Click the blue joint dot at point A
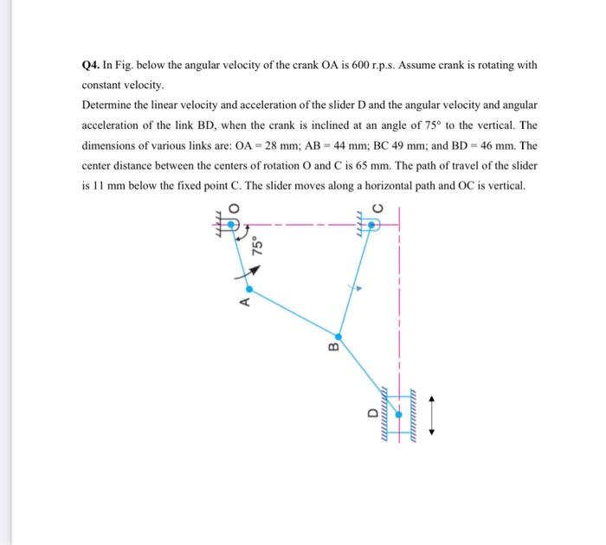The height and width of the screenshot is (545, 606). (x=250, y=289)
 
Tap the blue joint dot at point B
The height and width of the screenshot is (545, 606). (x=338, y=336)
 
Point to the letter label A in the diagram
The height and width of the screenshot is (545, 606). (x=244, y=303)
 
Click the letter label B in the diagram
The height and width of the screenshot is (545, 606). (x=330, y=349)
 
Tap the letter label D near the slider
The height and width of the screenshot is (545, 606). (x=375, y=414)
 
